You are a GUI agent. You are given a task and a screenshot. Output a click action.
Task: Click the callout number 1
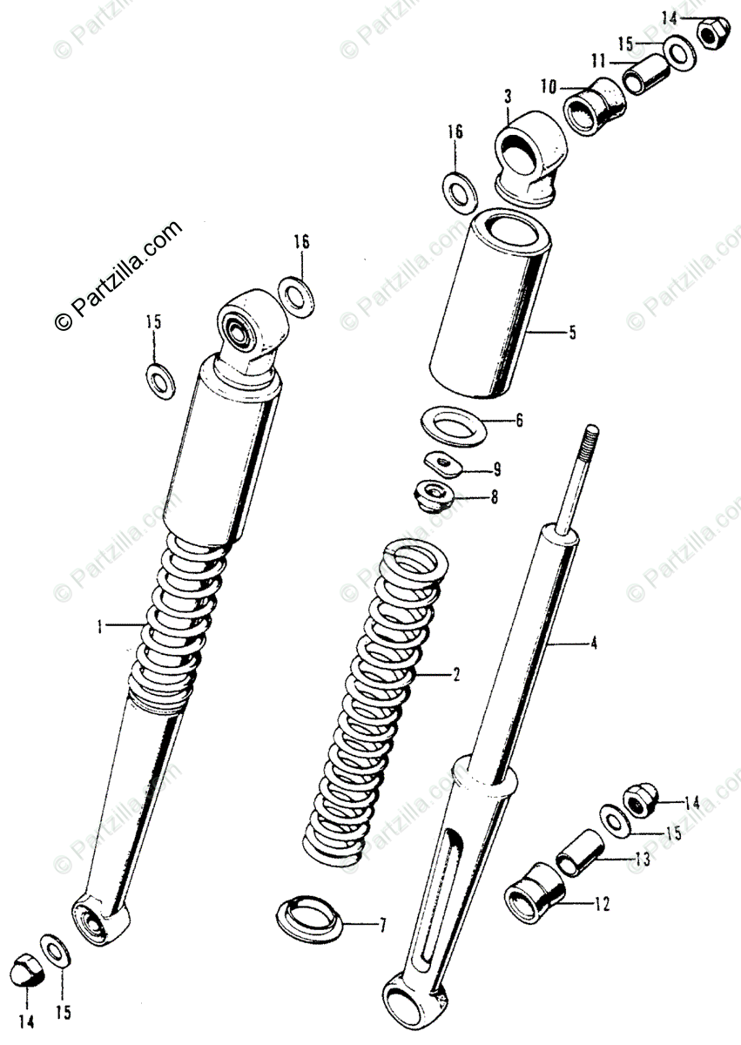click(100, 625)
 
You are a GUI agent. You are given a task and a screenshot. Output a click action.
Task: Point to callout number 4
click(593, 644)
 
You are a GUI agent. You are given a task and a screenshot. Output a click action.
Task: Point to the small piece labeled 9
click(441, 462)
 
